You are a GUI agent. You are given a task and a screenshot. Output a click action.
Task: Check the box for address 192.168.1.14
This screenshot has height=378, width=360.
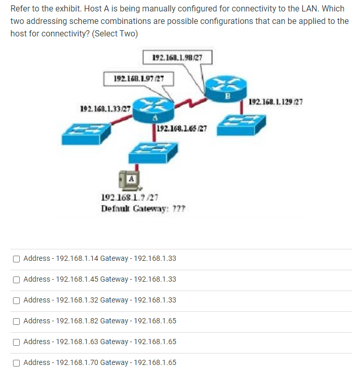17,258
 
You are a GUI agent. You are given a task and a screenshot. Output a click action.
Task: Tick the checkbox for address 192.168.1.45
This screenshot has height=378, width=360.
17,279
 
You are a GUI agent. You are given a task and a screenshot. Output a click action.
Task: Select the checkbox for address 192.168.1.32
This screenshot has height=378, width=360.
17,300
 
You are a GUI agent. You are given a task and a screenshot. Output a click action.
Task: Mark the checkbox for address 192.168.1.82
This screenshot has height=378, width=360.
17,321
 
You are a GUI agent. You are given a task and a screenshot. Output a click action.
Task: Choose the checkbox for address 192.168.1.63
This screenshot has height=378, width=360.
17,342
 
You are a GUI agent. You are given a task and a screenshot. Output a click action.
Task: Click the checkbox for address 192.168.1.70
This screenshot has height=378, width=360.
17,362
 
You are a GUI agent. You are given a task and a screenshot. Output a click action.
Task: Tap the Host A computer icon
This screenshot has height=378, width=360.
130,180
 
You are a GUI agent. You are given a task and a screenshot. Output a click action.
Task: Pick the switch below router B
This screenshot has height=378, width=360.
241,125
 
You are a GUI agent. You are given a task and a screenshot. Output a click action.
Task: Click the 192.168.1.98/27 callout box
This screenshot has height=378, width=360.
177,57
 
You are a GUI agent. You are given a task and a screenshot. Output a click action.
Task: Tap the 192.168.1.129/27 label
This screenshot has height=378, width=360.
276,102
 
